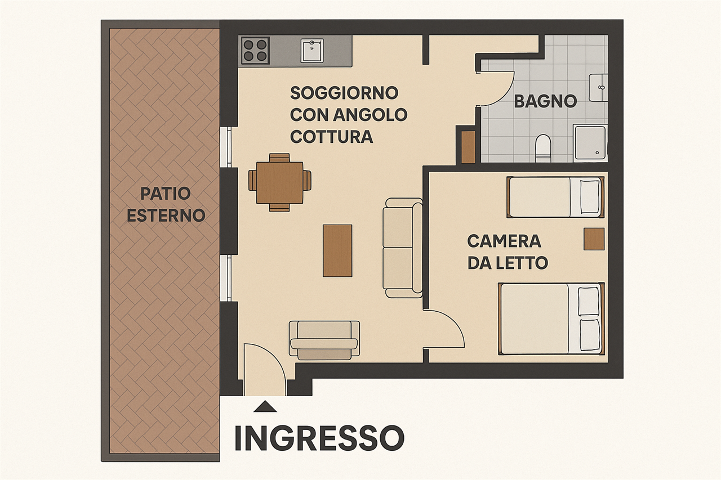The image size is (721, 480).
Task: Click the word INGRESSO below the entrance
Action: (x=319, y=438)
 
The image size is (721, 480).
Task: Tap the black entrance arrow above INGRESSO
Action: (x=265, y=407)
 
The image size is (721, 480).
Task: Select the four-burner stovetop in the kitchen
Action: (x=255, y=51)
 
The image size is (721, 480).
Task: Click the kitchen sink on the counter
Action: (x=312, y=51)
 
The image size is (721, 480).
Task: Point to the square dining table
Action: (x=280, y=183)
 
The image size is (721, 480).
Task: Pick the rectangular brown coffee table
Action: (x=337, y=250)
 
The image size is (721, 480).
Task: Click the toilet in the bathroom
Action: (x=543, y=148)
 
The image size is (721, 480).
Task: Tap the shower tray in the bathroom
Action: (x=590, y=143)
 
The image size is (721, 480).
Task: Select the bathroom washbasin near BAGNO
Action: (x=598, y=87)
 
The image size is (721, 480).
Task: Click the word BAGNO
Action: (x=545, y=101)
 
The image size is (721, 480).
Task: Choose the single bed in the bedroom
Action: (x=555, y=197)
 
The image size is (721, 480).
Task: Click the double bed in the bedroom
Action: (x=551, y=319)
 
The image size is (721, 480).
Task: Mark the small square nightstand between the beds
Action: (x=594, y=239)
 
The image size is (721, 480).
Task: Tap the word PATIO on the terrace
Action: (x=166, y=194)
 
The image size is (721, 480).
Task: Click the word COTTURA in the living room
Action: (x=332, y=137)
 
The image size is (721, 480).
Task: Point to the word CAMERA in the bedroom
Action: (x=504, y=241)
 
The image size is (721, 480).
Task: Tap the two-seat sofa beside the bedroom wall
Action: (x=403, y=248)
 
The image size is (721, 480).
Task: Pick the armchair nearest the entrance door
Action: (x=324, y=340)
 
